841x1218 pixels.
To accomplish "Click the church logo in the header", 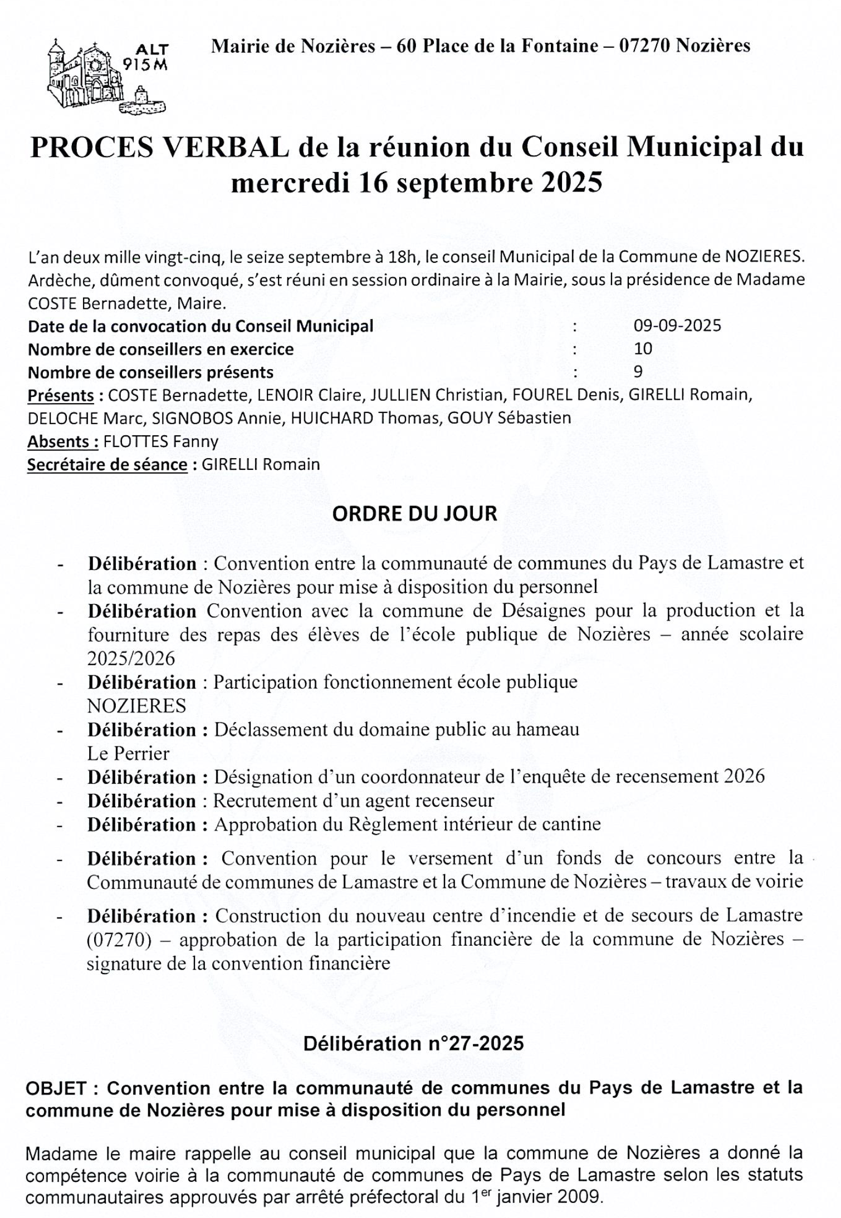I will coord(106,75).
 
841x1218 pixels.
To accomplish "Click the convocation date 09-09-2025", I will coord(677,326).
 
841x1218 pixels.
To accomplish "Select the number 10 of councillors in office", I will coord(643,349).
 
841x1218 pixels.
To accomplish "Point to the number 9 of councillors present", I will coord(638,372).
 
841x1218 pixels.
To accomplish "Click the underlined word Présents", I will coord(61,395).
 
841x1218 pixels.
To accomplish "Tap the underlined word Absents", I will coord(62,441).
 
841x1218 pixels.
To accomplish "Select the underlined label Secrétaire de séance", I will coord(107,464).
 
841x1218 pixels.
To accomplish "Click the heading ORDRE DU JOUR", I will coord(414,513).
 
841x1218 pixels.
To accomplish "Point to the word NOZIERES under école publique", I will coord(136,706).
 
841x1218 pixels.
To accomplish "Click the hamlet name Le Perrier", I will coord(128,753).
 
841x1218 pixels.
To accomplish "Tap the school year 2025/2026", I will coord(131,659).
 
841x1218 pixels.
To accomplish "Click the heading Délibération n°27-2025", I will coord(413,1043).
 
